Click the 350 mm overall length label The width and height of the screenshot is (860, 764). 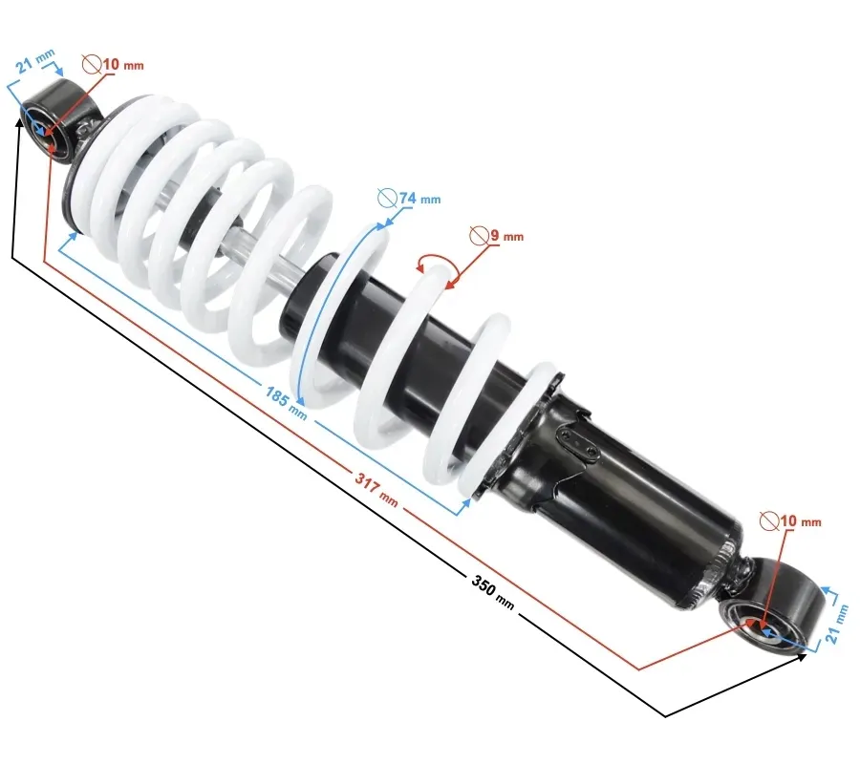click(493, 592)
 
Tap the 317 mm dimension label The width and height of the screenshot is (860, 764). click(376, 489)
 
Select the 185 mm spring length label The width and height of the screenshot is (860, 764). click(287, 403)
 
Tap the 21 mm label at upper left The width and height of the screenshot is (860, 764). click(35, 61)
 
